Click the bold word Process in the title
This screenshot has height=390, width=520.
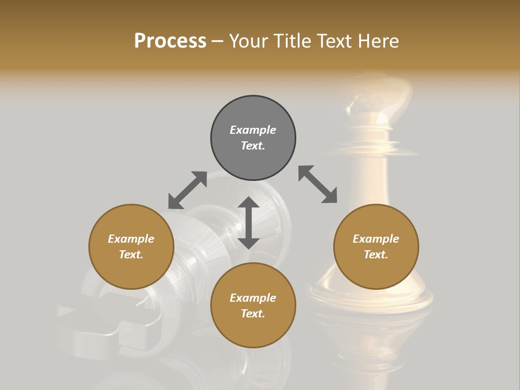pos(170,41)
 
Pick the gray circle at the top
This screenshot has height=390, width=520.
pos(253,138)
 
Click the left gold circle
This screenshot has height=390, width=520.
pos(131,247)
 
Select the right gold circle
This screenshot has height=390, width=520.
pos(376,247)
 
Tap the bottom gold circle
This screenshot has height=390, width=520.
pos(253,305)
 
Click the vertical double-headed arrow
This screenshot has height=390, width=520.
pos(249,223)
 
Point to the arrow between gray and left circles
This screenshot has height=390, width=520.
pos(187,190)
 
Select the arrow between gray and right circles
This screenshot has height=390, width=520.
pos(318,184)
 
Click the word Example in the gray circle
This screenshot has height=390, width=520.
pos(253,130)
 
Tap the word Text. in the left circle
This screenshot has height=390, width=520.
pos(131,255)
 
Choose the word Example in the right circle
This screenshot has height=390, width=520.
pos(376,239)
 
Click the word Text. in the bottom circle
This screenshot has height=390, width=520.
pos(253,314)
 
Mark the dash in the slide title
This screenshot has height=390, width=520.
pos(218,41)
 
